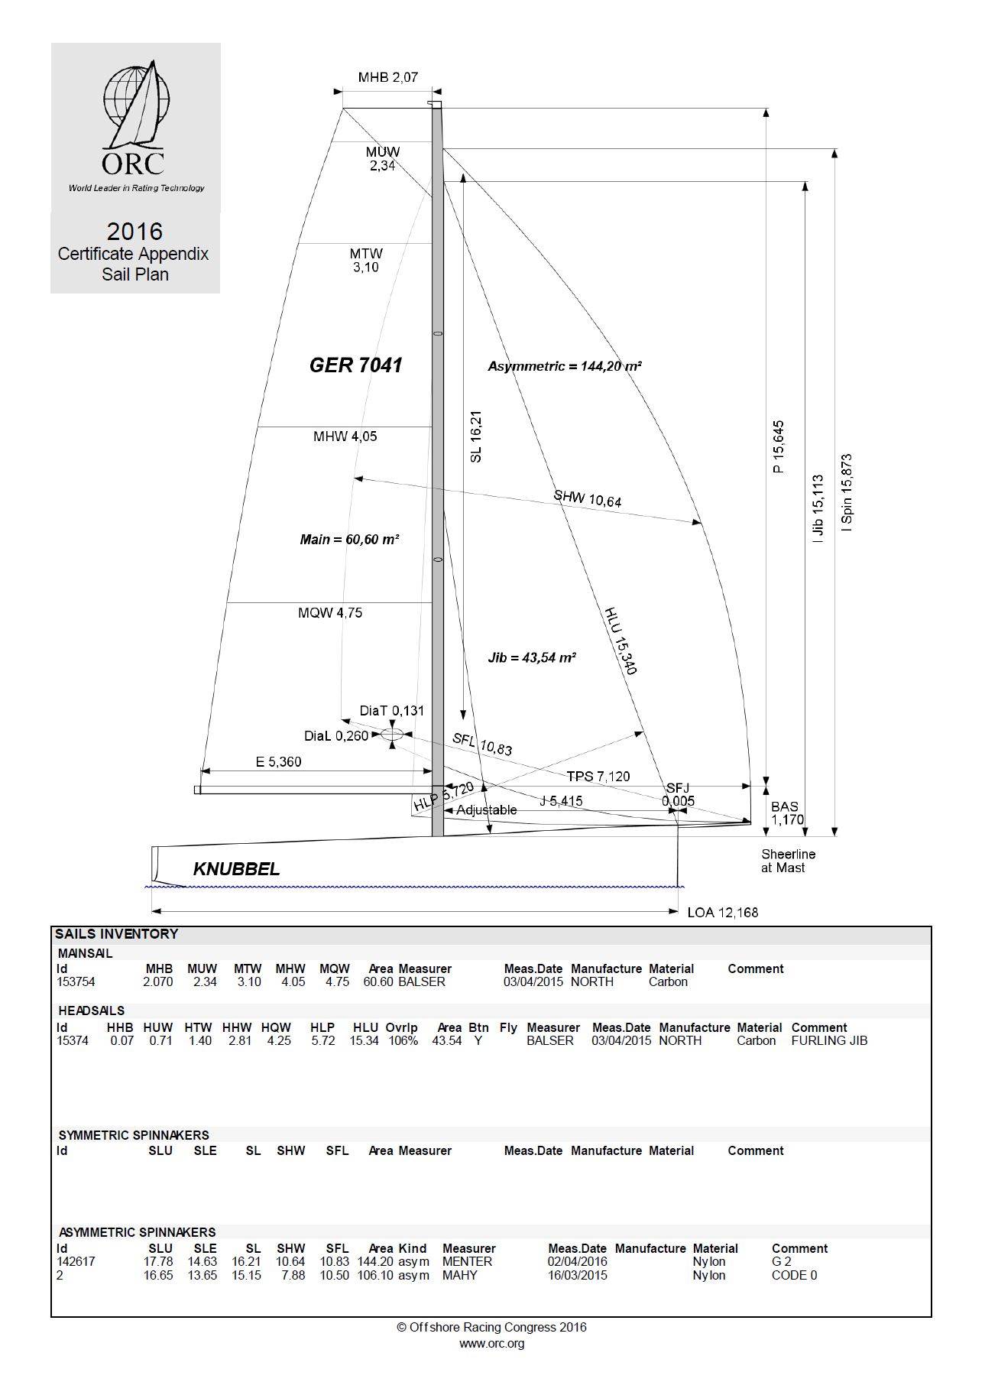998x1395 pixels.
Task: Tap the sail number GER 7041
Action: coord(355,365)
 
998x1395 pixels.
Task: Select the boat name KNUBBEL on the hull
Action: coord(236,869)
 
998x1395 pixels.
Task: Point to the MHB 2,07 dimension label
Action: coord(387,77)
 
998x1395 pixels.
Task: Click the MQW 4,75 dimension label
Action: coord(330,613)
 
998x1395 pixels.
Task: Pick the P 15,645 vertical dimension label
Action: coord(778,446)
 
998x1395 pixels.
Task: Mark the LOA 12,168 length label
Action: coord(722,912)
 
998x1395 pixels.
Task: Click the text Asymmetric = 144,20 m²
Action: coord(564,366)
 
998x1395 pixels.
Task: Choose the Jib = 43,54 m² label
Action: coord(531,657)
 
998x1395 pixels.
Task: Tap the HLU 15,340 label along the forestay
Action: coord(621,641)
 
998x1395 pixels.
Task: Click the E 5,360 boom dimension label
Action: coord(278,761)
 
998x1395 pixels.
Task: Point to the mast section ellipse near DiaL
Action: coord(391,735)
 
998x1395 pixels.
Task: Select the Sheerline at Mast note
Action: coord(787,861)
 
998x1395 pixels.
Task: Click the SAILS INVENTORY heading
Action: coord(116,934)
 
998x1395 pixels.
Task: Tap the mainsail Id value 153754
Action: coord(76,982)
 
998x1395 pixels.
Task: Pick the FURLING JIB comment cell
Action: coord(829,1040)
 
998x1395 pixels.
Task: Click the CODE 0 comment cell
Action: coord(794,1275)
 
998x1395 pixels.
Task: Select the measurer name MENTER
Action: coord(467,1261)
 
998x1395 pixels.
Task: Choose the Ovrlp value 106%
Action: coord(401,1040)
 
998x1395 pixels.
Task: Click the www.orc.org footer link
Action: coord(491,1343)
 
